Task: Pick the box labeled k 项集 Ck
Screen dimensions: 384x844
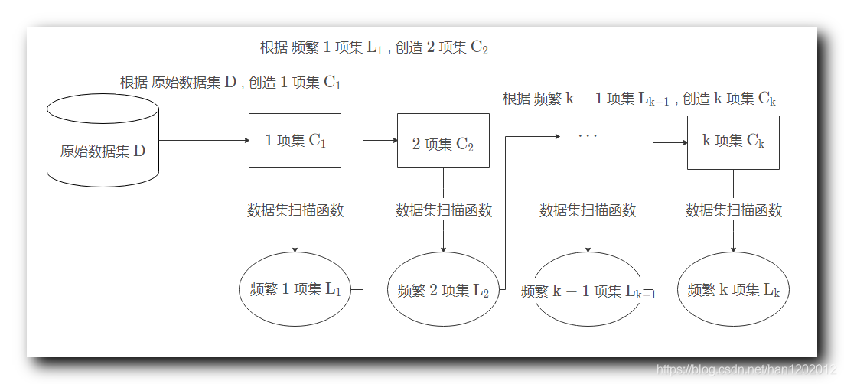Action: (x=733, y=142)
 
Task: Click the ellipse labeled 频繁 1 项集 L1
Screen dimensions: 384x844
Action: (x=295, y=289)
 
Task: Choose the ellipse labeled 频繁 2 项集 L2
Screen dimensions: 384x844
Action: (x=443, y=290)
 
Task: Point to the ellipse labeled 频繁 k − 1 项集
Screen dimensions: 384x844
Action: (x=587, y=291)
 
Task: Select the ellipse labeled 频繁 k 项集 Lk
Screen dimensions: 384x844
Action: (x=733, y=290)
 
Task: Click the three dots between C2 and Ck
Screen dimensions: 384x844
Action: (x=588, y=136)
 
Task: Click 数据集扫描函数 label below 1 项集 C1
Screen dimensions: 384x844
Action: (x=295, y=210)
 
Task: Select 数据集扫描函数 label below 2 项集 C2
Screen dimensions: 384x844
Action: (x=443, y=210)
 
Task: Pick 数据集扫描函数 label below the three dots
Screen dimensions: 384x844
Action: (x=587, y=210)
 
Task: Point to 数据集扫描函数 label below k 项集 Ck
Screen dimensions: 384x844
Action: (x=733, y=210)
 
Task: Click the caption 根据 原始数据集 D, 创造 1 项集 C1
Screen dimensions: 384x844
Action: (x=230, y=83)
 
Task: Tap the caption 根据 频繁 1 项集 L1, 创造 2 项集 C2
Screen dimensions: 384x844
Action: (x=373, y=47)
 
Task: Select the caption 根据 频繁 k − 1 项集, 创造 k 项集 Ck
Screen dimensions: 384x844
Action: (x=640, y=99)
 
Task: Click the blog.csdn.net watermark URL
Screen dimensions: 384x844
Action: (x=746, y=370)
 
